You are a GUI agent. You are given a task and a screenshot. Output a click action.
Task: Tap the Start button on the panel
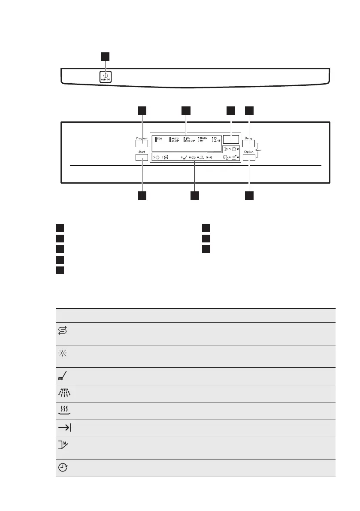[x=142, y=158]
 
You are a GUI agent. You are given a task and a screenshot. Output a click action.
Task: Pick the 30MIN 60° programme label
[x=203, y=139]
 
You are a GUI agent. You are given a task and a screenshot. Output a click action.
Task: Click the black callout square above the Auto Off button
[x=105, y=57]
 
